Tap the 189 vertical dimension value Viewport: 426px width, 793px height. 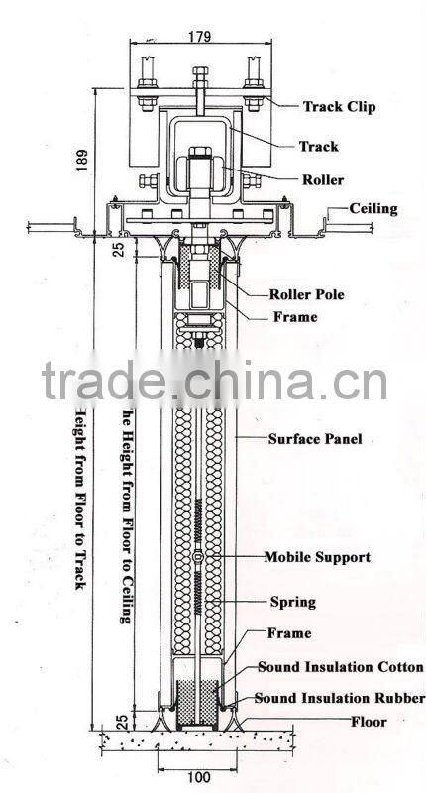[x=82, y=160]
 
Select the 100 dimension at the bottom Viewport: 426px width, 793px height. [x=198, y=777]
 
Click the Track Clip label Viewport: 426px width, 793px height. [x=339, y=107]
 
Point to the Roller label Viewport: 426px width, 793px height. [x=323, y=180]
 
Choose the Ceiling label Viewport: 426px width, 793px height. [x=373, y=209]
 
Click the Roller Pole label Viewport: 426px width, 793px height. [x=307, y=294]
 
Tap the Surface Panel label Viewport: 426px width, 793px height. [x=315, y=438]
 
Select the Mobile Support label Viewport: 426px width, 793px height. [x=317, y=557]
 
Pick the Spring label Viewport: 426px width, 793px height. [x=293, y=602]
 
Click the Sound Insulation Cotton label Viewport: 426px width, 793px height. [x=341, y=667]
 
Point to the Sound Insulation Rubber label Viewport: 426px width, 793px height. [x=340, y=699]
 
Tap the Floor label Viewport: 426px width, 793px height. [x=370, y=722]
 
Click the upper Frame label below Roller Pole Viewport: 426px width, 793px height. [x=295, y=317]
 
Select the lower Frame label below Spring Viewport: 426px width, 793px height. [x=289, y=633]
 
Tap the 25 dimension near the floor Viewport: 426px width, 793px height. [x=121, y=722]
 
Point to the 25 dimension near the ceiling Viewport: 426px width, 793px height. [x=119, y=250]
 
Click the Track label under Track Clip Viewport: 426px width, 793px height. [x=318, y=147]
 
